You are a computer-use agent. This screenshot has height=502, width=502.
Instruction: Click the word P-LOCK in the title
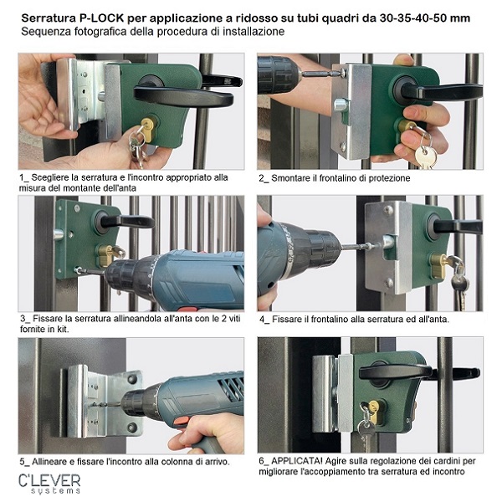[101, 18]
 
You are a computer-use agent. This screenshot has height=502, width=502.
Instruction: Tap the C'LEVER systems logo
[49, 484]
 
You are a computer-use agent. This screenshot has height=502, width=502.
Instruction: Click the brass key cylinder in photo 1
[148, 130]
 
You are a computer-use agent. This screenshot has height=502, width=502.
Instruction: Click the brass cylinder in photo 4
[439, 265]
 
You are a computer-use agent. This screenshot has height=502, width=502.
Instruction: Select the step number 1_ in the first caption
[23, 177]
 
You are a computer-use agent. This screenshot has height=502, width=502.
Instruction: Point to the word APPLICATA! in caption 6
[297, 461]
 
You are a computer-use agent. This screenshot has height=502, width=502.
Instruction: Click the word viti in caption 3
[233, 319]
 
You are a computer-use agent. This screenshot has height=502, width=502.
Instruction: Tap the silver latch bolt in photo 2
[341, 105]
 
